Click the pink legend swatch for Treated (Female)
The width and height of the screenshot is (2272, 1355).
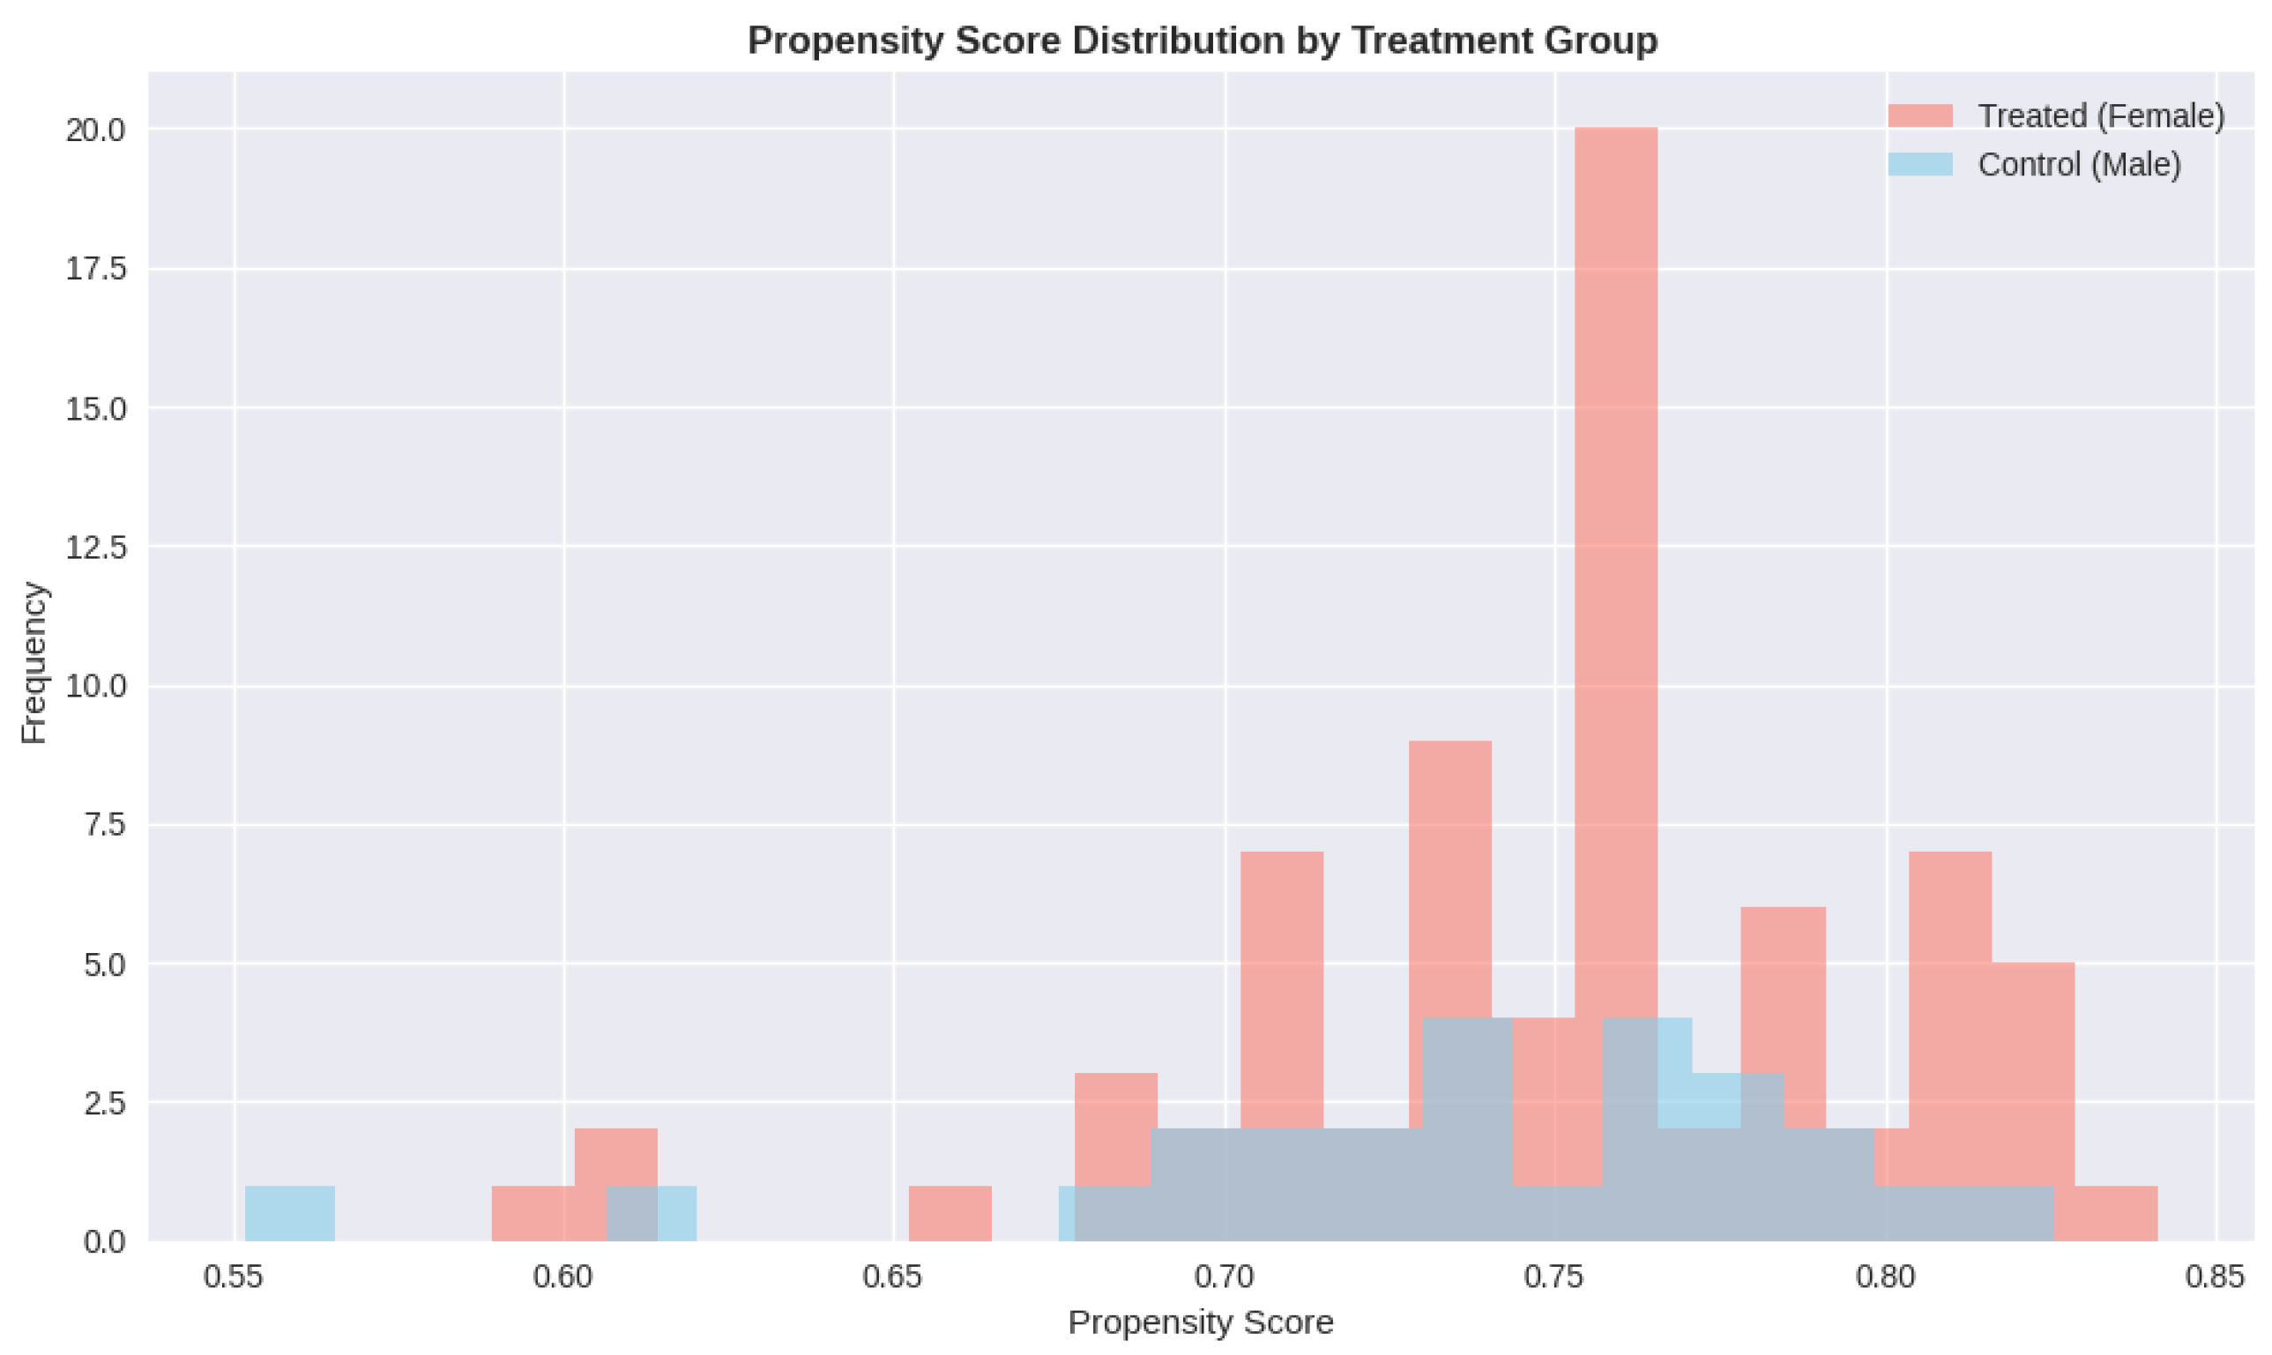point(1919,116)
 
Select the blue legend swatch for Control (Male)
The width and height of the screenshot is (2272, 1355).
point(1919,164)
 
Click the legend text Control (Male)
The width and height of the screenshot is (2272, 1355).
point(2079,164)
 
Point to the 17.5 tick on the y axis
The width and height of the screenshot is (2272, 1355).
point(95,270)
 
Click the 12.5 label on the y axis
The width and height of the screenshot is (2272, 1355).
point(95,547)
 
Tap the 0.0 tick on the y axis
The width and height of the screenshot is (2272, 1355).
point(104,1242)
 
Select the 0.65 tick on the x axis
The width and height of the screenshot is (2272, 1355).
point(893,1277)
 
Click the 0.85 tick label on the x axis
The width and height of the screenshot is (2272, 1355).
point(2215,1277)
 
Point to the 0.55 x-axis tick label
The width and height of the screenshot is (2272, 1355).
point(233,1277)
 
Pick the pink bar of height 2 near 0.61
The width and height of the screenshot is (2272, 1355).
point(615,1155)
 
